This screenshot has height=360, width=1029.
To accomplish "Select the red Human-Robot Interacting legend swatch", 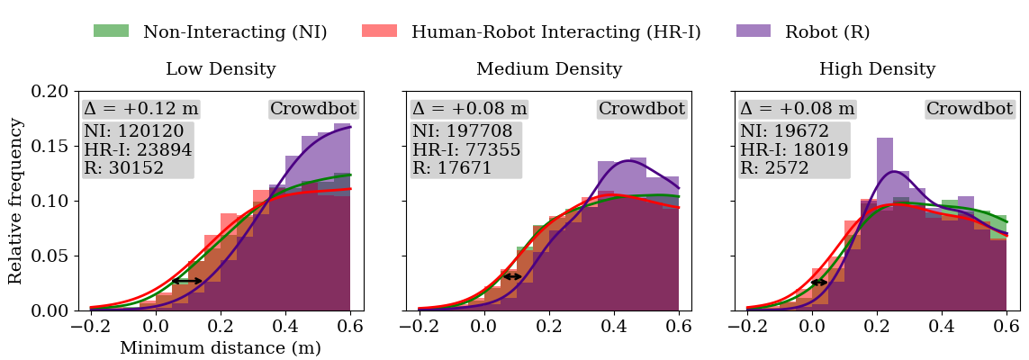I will (x=379, y=31).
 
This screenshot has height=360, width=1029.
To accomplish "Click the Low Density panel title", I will (x=221, y=69).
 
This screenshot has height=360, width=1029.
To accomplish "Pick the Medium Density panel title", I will (x=548, y=69).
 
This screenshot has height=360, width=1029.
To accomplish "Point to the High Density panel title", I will (x=877, y=69).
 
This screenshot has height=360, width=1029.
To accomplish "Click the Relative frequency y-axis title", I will (x=16, y=200).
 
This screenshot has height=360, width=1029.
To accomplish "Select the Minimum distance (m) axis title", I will (x=221, y=347).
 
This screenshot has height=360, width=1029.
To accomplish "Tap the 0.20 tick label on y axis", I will (x=49, y=92).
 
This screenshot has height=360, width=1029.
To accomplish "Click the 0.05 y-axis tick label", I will (x=49, y=256).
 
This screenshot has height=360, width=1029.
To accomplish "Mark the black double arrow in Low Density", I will (x=187, y=281).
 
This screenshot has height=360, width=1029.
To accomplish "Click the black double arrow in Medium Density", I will (x=512, y=276).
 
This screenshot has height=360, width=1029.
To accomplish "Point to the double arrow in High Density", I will (x=819, y=283).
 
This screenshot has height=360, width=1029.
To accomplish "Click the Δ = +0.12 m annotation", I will (x=140, y=110).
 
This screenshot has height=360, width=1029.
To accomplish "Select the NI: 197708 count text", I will (x=466, y=131).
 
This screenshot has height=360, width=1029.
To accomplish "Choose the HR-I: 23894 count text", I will (x=138, y=150).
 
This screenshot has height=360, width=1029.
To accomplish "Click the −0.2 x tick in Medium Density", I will (x=415, y=327).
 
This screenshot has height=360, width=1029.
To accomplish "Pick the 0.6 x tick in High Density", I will (x=1006, y=327).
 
